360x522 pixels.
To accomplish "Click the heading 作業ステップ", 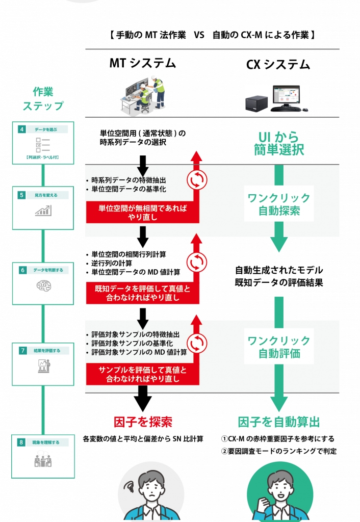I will coord(43,99).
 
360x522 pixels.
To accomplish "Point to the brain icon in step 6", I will coord(43,286).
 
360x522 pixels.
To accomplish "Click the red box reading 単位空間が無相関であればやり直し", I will coord(142,213).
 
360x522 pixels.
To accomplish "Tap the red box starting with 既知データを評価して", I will coord(142,293).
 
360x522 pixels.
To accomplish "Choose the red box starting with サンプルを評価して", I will coord(142,375).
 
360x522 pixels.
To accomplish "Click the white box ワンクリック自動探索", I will coord(278,204).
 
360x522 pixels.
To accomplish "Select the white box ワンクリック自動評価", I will coord(278,347).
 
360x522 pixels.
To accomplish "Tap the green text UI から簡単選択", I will coord(278,143).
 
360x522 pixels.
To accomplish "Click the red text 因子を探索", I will coord(143,422).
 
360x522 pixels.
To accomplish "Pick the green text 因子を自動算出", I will coord(278,422).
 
